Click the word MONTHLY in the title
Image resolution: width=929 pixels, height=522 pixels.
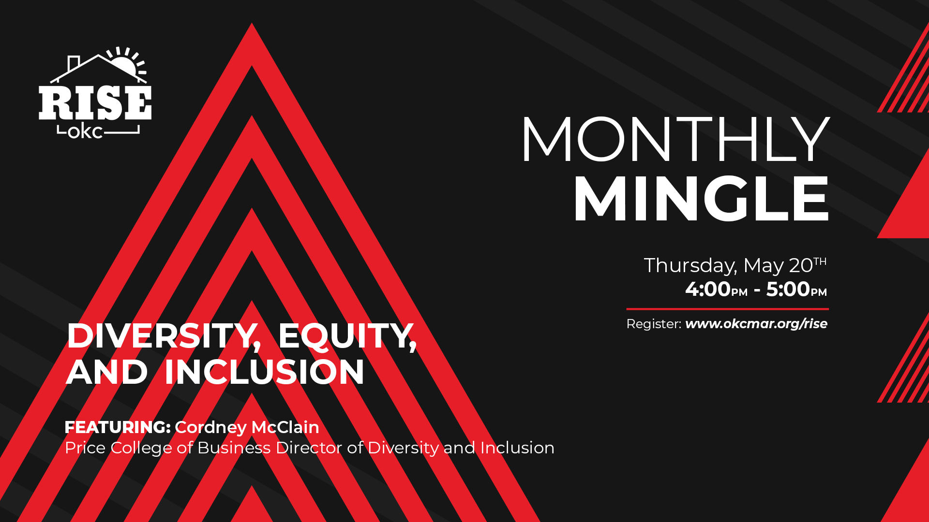[x=675, y=139]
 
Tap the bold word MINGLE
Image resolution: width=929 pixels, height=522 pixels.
[x=702, y=199]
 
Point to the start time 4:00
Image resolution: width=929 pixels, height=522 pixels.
[x=707, y=289]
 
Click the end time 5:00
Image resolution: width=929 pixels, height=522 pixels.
[x=788, y=289]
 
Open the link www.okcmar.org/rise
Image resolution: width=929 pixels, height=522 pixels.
[x=756, y=324]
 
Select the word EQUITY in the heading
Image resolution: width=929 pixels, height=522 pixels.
[x=347, y=336]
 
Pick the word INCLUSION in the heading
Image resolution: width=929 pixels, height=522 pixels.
[x=264, y=372]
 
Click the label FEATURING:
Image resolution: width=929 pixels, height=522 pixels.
[x=118, y=427]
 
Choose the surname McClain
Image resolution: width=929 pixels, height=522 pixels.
[x=285, y=427]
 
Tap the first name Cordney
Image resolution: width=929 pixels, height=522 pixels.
[x=211, y=428]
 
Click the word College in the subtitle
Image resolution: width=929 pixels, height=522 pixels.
[x=141, y=448]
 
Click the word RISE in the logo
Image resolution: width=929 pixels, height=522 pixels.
[x=95, y=102]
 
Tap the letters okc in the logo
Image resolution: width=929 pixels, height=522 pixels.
[x=85, y=131]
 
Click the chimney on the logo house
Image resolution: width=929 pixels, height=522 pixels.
[x=74, y=63]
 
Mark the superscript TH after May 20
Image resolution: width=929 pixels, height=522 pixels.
[x=820, y=261]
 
